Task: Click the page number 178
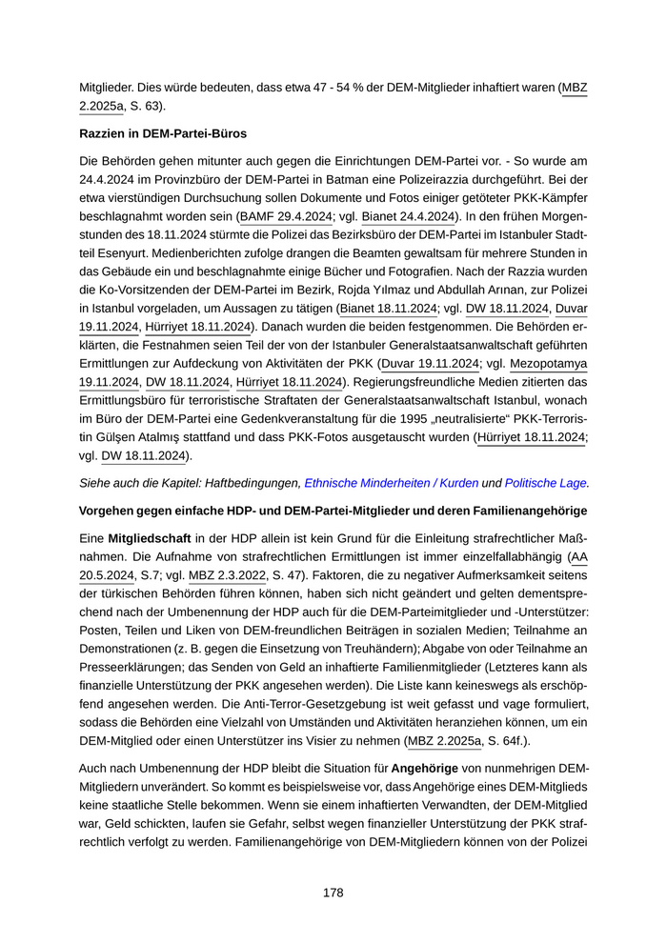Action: (333, 893)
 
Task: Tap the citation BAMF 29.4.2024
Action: (284, 216)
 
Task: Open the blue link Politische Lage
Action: (546, 483)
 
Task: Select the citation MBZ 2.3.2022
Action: (232, 576)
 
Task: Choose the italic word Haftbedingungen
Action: (251, 483)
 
